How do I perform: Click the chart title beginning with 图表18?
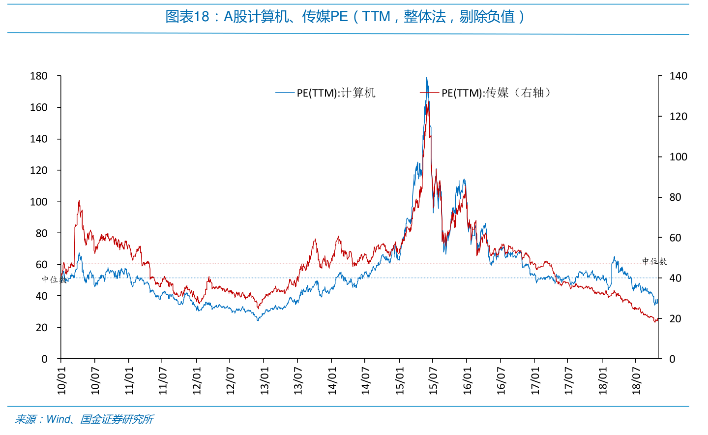[345, 16]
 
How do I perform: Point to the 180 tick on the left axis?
[38, 76]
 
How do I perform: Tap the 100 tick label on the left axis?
[38, 202]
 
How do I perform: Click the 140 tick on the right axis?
[678, 76]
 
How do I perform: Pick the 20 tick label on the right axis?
[675, 318]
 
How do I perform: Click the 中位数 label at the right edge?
[654, 261]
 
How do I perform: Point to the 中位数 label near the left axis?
[54, 280]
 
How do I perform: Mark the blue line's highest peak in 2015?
[427, 77]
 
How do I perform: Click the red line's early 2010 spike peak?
[79, 201]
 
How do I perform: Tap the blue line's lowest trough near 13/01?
[258, 320]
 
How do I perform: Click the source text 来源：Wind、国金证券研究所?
[84, 419]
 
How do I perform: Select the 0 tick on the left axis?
[45, 359]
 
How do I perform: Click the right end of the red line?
[658, 319]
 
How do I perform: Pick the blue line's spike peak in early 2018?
[615, 257]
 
